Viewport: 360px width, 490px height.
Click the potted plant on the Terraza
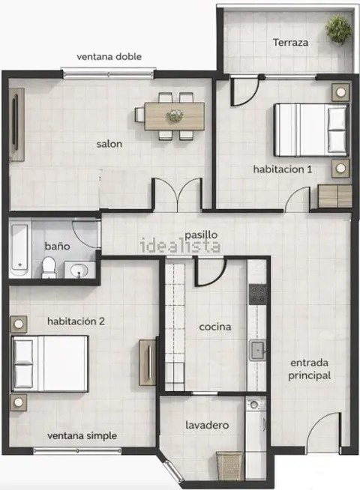tap(338, 30)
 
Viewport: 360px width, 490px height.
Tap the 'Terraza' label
tap(290, 42)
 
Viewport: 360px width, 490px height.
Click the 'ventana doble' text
tap(109, 56)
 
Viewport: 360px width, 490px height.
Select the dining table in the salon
tap(174, 116)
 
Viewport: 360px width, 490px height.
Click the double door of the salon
tap(178, 195)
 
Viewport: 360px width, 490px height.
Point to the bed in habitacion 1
tap(311, 130)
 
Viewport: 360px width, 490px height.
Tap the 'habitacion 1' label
tap(283, 169)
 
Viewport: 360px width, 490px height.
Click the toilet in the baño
tap(49, 267)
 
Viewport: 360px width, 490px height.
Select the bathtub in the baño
tap(19, 250)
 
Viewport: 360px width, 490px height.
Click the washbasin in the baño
tap(79, 270)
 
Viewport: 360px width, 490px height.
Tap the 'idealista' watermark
tap(181, 246)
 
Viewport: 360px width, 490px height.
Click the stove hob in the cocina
tap(258, 294)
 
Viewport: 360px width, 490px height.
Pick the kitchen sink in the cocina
tap(258, 351)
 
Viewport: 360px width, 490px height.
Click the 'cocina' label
tap(215, 327)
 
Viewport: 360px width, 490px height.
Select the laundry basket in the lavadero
tap(229, 465)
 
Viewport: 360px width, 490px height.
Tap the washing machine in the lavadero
tap(256, 422)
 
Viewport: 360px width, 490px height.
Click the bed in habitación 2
tap(49, 363)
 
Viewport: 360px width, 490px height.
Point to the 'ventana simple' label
tap(82, 435)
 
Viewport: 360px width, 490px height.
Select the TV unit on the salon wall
tap(16, 124)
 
